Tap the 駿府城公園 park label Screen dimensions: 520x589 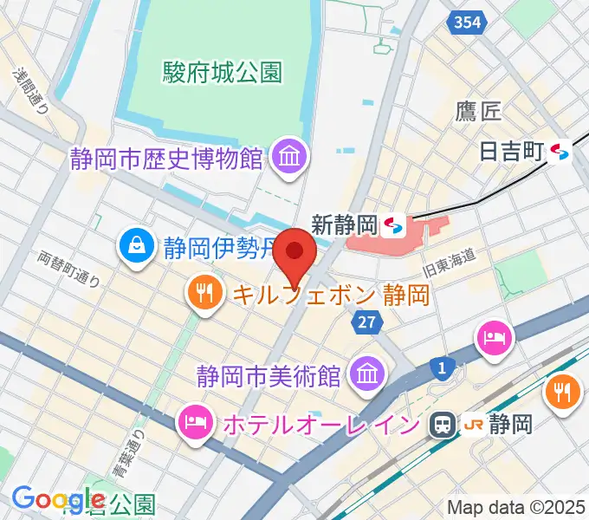click(223, 72)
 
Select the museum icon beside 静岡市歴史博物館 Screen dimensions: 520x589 click(285, 157)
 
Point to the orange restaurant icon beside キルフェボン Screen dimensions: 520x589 click(205, 295)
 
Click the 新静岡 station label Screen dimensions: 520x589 click(344, 225)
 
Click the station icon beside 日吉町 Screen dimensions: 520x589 click(560, 153)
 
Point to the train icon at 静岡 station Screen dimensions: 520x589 click(443, 424)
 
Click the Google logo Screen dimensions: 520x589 click(56, 499)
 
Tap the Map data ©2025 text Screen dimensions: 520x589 click(515, 507)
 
